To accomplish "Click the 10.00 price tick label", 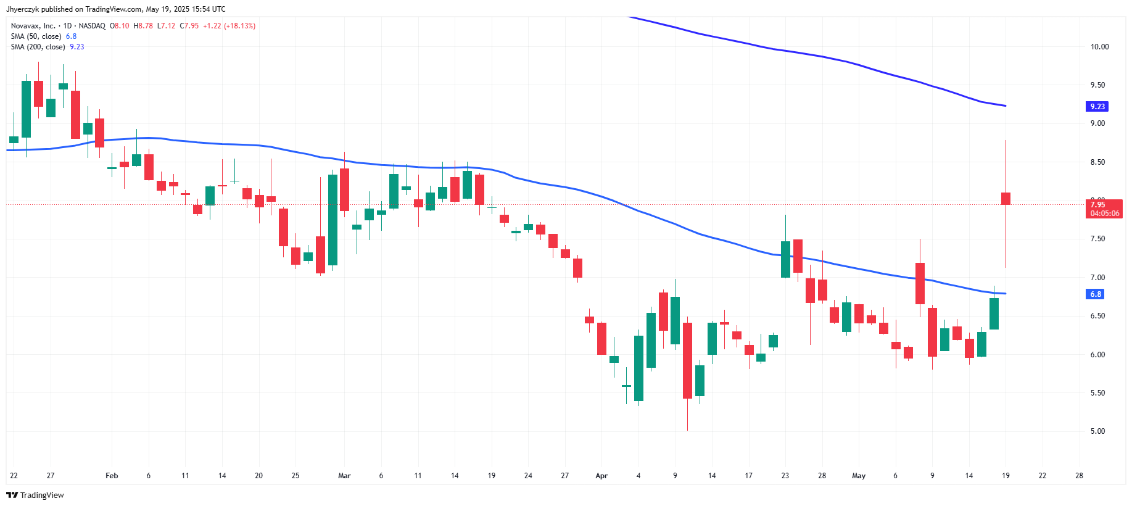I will coord(1099,47).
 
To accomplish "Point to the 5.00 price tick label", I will coord(1097,431).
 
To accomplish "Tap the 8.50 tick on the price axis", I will coord(1097,162).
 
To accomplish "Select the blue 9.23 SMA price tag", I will coord(1097,107).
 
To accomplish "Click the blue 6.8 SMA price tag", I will coord(1095,294).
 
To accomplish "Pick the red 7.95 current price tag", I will coord(1104,209).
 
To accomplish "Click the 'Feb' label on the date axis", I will coord(112,476).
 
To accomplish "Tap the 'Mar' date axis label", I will coord(344,476).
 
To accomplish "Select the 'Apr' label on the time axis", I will coord(601,476).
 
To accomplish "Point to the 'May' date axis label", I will coord(858,476).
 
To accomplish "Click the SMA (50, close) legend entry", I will coord(36,36).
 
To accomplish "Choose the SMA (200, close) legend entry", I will coord(38,47).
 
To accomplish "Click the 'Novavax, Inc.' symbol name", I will coord(33,26).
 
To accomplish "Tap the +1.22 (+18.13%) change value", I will coord(229,26).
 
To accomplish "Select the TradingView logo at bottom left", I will coord(35,495).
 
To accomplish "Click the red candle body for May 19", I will coord(1006,198).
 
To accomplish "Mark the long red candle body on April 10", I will coord(687,360).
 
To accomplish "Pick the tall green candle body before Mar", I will coord(333,220).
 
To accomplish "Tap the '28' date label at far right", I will coord(1079,476).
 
